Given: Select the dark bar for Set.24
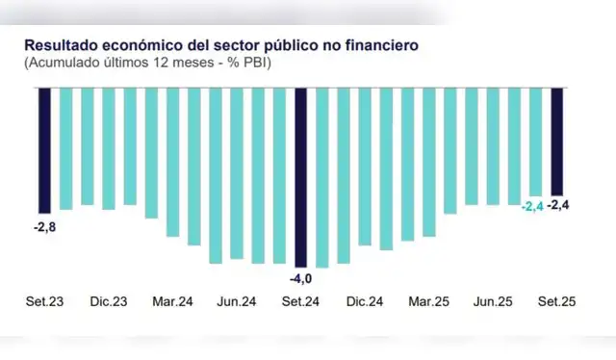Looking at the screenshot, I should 300,176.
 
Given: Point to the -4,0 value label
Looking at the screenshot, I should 300,278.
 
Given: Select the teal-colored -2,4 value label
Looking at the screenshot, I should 531,206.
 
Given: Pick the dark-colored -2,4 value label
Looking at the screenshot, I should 558,206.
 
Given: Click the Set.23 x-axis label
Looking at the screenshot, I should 45,301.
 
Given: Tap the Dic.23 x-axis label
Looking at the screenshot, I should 109,301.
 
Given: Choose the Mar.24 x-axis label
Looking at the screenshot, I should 173,301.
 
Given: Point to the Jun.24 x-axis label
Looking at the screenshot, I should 237,301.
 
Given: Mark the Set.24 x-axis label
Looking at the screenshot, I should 300,301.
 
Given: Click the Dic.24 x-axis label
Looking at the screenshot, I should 364,301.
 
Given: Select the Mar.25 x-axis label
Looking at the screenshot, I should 428,301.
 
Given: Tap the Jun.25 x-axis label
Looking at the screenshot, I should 492,301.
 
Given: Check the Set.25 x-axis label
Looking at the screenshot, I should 555,301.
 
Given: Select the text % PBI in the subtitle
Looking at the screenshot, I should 253,63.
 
